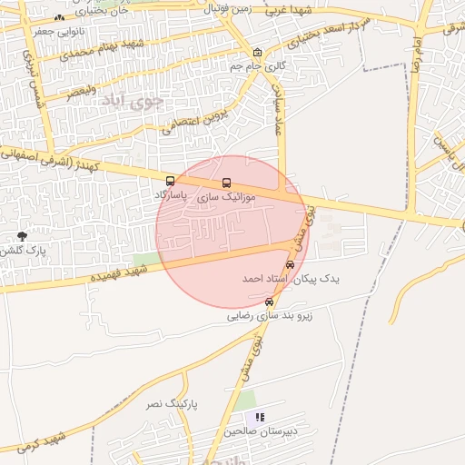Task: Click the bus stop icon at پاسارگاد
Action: [171, 181]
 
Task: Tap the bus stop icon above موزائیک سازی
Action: [226, 183]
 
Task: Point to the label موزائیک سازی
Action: [227, 196]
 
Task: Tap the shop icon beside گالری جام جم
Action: [258, 53]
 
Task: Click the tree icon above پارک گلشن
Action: [22, 236]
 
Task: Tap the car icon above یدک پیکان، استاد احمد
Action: [290, 264]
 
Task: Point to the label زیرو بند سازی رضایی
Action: [270, 316]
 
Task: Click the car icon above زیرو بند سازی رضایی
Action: [269, 302]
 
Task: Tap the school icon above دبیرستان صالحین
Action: [260, 417]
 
